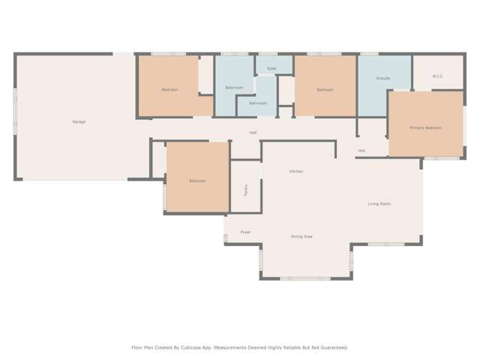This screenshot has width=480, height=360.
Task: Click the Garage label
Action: click(79, 121)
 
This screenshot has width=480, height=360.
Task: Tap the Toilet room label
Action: click(271, 68)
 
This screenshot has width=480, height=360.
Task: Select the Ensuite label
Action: click(383, 78)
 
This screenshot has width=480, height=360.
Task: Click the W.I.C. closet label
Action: click(438, 76)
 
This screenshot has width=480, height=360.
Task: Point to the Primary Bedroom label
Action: click(425, 128)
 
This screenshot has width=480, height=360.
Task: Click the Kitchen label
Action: click(296, 172)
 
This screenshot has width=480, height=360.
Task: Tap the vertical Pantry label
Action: click(246, 190)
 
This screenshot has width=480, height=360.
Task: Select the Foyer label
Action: click(245, 232)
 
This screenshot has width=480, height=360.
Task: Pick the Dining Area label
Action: click(301, 237)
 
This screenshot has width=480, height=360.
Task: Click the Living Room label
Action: click(379, 204)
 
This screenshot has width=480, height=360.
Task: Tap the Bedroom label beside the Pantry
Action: click(197, 181)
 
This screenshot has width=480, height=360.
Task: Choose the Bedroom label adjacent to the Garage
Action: click(170, 90)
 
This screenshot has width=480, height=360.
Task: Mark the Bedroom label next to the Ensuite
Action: click(325, 90)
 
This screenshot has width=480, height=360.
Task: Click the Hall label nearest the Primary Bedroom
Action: click(361, 151)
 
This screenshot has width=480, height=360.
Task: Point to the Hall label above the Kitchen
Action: click(253, 133)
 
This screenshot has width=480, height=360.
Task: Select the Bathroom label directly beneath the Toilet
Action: click(258, 103)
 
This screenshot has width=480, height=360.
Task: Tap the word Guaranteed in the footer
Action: click(331, 348)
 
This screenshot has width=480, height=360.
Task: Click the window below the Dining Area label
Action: click(305, 279)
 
